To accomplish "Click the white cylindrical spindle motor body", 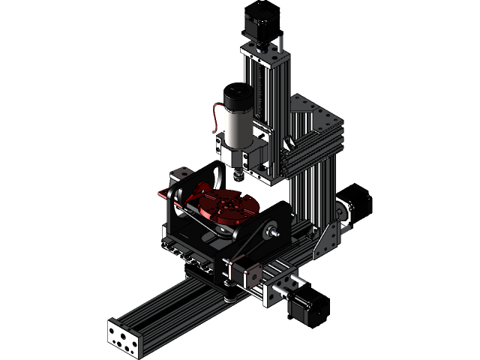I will coord(238,128).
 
